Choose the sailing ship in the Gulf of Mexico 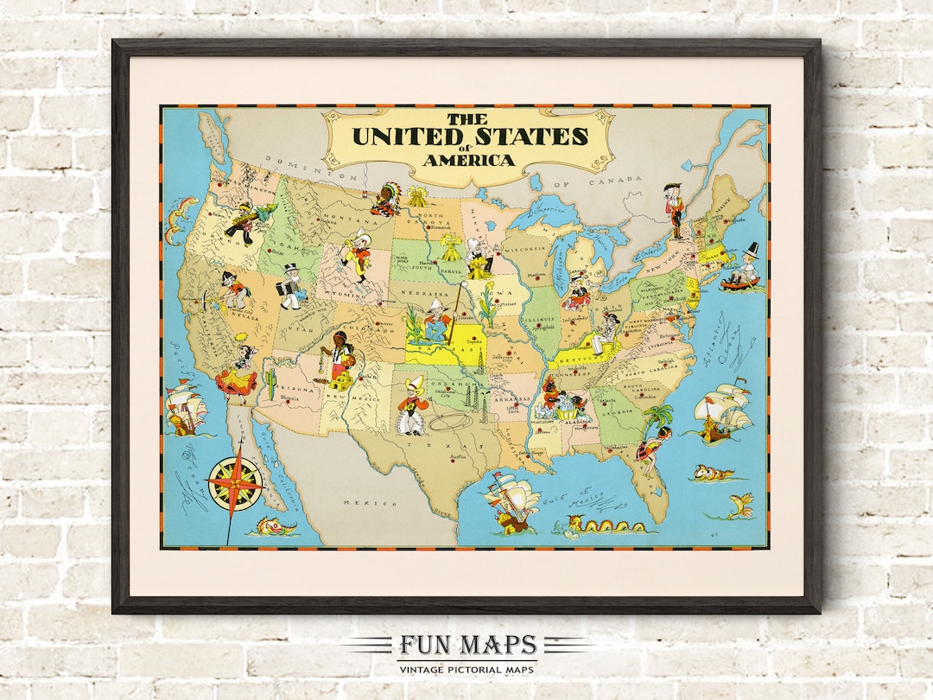[511, 500]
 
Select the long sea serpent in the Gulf [604, 524]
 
